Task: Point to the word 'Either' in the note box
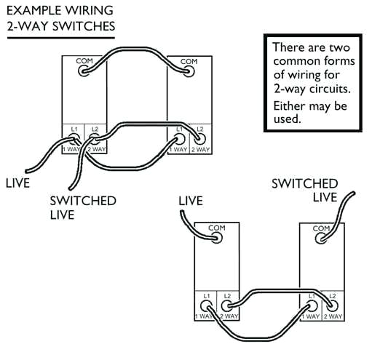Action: tap(289, 106)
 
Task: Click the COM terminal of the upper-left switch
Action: tap(84, 71)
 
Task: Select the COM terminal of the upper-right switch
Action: tap(189, 71)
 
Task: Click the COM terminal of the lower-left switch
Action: tap(216, 238)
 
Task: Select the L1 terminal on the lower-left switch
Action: tap(207, 305)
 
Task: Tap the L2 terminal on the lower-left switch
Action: tap(226, 305)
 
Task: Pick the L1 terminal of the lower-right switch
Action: tap(312, 305)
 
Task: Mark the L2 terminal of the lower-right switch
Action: tap(331, 305)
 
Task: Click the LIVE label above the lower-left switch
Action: tap(190, 200)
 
